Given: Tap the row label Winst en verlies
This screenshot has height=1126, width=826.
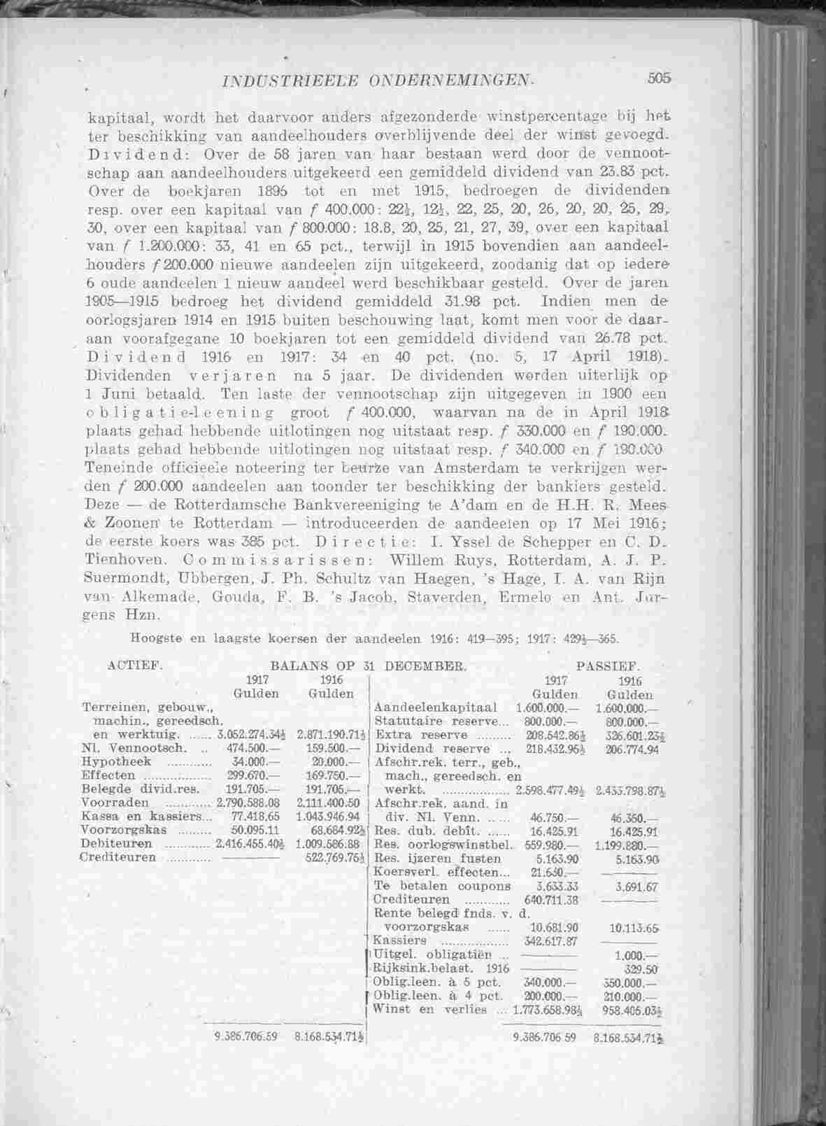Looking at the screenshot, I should click(x=430, y=1008).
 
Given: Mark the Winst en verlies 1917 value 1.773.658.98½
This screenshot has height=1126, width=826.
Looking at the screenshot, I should click(x=549, y=1009).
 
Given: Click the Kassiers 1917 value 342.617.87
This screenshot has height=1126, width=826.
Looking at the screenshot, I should click(x=550, y=941).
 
